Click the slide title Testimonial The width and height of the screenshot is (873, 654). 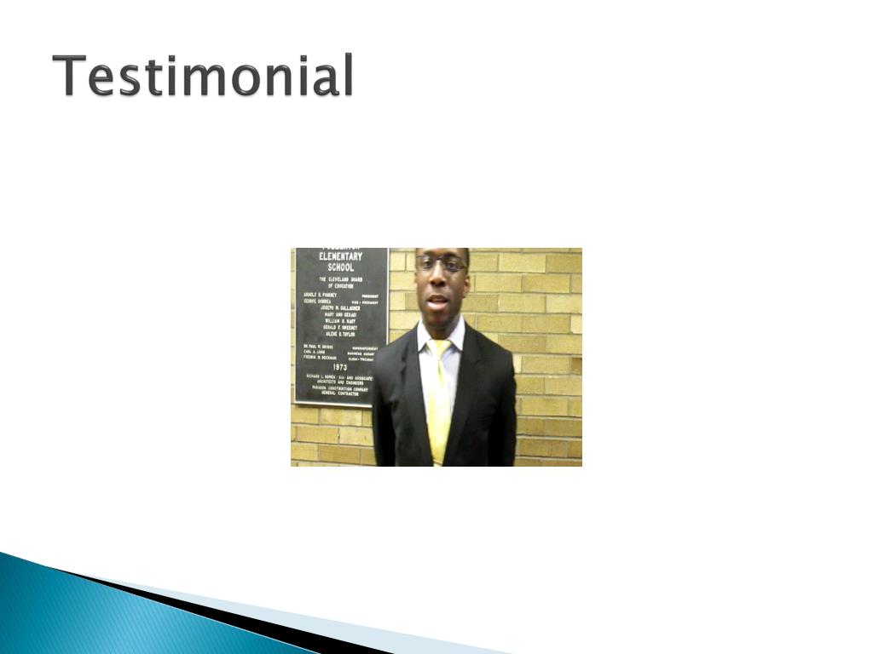pos(203,76)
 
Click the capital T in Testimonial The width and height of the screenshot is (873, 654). pos(69,76)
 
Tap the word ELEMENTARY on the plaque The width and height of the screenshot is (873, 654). pos(340,256)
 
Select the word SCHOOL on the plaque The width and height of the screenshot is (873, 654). pos(340,267)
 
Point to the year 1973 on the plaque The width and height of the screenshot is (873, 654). pos(340,367)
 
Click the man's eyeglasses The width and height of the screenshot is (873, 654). pos(440,264)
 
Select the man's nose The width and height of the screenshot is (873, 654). pos(437,280)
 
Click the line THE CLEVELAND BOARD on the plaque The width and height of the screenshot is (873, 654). pos(340,279)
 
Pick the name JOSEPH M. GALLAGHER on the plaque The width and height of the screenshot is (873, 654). pos(340,307)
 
